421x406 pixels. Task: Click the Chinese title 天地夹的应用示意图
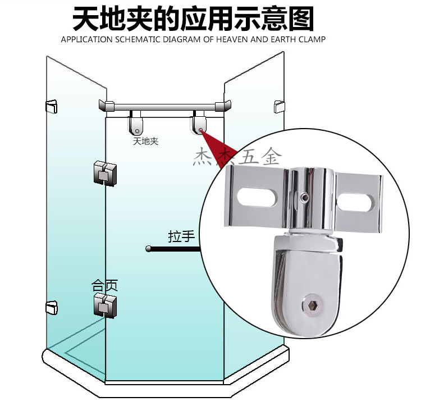(x=193, y=19)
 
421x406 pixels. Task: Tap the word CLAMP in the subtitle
(x=312, y=40)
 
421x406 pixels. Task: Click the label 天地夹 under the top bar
(x=145, y=141)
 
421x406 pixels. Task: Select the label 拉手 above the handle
(x=181, y=236)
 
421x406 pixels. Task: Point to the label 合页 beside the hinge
(x=105, y=285)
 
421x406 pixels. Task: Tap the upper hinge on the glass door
(x=105, y=174)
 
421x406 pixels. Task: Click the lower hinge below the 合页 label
(x=105, y=304)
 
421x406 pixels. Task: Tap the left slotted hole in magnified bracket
(x=255, y=198)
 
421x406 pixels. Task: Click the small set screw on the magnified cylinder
(x=304, y=197)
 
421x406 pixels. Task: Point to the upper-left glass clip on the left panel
(x=51, y=106)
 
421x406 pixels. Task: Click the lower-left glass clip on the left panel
(x=51, y=307)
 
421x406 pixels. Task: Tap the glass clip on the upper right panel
(x=279, y=106)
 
